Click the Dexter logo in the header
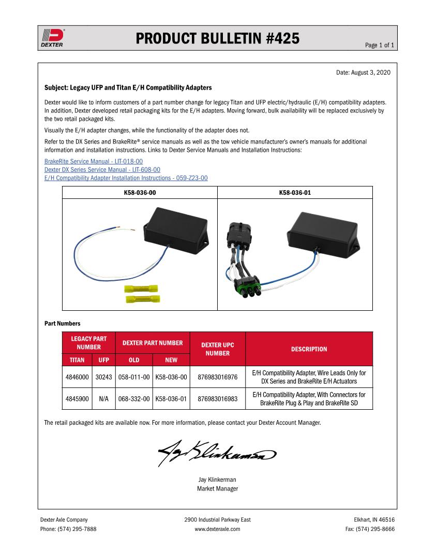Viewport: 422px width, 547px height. point(52,37)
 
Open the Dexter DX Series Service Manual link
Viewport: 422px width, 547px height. point(102,169)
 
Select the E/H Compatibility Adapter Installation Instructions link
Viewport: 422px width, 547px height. point(126,178)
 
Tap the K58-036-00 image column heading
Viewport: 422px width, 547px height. point(140,193)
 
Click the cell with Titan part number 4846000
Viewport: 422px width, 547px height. point(77,377)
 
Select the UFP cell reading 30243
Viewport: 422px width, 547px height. point(104,377)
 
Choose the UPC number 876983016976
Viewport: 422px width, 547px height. point(218,377)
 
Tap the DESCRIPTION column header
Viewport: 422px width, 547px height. point(309,349)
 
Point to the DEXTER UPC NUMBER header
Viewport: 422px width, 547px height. point(218,349)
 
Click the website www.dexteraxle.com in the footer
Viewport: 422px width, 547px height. point(217,529)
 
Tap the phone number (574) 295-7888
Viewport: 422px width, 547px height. point(77,529)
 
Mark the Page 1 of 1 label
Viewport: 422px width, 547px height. point(380,45)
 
